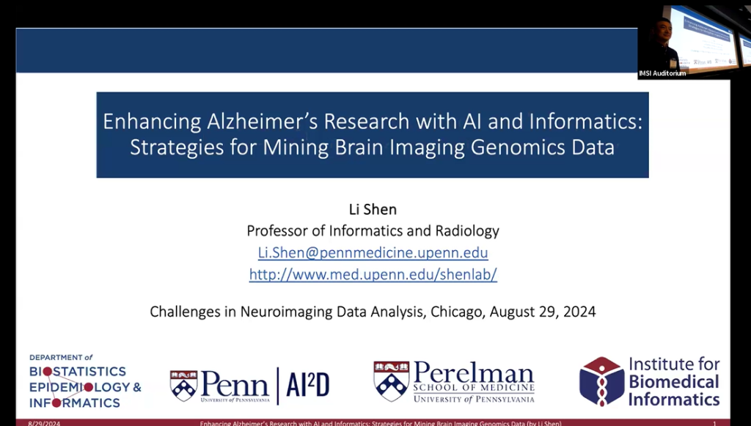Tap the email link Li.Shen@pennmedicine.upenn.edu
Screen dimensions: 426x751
[x=373, y=252]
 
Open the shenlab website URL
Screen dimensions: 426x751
[x=373, y=274]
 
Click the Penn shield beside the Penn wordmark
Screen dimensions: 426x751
[x=183, y=385]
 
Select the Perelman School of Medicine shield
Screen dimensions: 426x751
[x=391, y=381]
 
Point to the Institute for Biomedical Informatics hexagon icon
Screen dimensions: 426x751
[x=601, y=381]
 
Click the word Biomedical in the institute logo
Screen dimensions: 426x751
[x=673, y=381]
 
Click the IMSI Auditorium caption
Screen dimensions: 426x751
[x=662, y=73]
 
